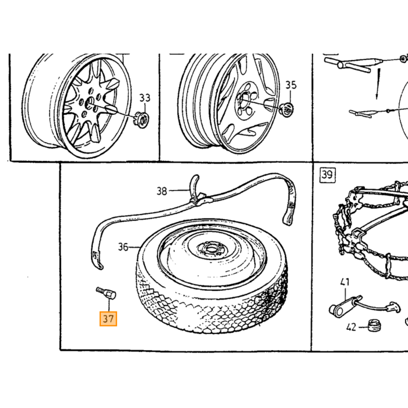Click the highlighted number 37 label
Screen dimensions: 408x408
108,319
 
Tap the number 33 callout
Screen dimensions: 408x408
145,98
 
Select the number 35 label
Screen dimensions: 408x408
291,85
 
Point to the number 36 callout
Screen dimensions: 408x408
123,247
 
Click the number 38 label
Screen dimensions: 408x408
161,191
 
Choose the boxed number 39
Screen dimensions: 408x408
328,175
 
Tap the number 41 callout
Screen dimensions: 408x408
345,282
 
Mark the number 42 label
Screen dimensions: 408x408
351,328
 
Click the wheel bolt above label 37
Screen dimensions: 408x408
106,293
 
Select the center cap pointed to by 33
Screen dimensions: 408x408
142,119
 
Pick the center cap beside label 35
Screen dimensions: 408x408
286,109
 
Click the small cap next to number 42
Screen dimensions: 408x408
374,325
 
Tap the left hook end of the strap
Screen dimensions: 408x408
97,260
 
